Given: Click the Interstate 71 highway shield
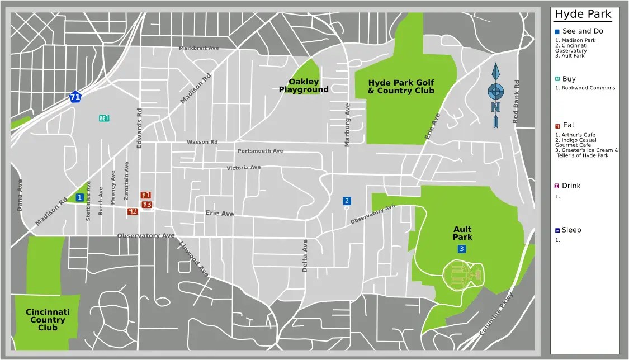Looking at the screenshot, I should tap(75, 97).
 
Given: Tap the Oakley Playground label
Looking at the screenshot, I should tap(304, 86).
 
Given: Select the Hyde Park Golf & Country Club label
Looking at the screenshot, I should tap(401, 87).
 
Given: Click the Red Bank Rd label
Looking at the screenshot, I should tap(516, 102).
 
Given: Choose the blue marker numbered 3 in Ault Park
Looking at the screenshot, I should tap(462, 249).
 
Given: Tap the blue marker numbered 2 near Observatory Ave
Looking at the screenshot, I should tap(347, 201).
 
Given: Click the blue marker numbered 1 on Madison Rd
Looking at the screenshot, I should tap(80, 197).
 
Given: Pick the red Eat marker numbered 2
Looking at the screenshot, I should tap(133, 211).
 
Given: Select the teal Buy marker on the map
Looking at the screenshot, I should tap(104, 118).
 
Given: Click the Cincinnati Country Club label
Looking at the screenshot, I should tap(48, 320).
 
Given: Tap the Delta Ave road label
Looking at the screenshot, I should tap(305, 255).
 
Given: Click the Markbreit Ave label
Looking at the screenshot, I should tap(199, 48).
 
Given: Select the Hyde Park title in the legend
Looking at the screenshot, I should tap(583, 15).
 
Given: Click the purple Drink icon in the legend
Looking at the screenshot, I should tap(557, 186).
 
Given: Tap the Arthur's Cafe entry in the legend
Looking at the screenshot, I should tap(576, 135).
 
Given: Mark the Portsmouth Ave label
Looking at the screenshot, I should tap(260, 151).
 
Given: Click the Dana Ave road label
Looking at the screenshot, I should tap(20, 195).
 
